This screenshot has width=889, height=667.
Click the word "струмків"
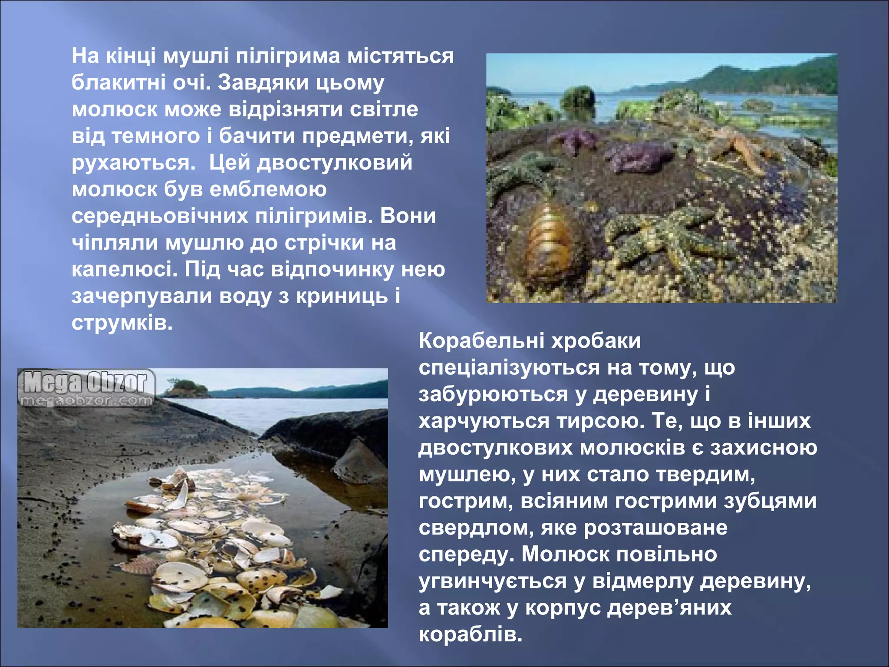click(x=122, y=323)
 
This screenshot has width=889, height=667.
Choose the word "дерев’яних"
click(x=669, y=608)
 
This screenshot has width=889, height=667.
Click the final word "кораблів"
click(x=471, y=635)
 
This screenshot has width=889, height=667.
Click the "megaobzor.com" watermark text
click(x=86, y=400)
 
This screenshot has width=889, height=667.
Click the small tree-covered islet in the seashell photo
click(x=184, y=388)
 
